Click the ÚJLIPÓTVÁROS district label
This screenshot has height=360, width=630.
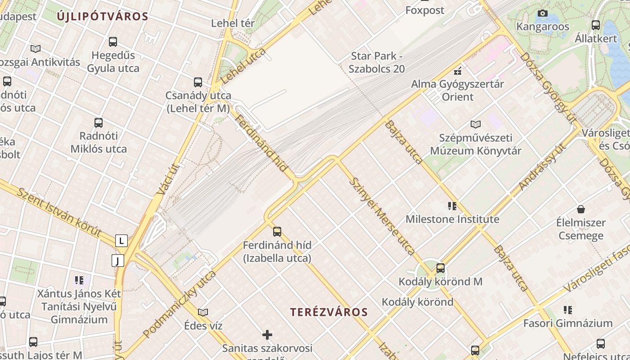pos(103,17)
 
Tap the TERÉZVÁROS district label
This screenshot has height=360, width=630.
pos(329,312)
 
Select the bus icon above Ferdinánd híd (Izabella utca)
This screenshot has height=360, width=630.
pos(277,232)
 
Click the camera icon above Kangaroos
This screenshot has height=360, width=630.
pos(543,13)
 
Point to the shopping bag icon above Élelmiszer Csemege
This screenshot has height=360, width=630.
pos(581,209)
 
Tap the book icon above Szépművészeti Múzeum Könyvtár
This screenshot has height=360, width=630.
pos(476,124)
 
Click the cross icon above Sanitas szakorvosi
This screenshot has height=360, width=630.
pos(267,335)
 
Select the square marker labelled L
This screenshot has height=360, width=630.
pos(121,241)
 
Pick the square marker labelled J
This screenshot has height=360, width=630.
pos(118,261)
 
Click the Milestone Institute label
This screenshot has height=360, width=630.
pos(452,219)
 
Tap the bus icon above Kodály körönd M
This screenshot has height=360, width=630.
pos(441,268)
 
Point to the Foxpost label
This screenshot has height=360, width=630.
pos(424,10)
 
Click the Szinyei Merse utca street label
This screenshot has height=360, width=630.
pos(382,216)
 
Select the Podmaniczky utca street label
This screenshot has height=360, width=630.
pos(180,304)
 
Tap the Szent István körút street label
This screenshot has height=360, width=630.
pos(59,212)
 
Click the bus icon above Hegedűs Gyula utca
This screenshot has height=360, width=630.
pos(113,42)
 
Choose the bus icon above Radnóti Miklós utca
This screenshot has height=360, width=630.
pos(99,122)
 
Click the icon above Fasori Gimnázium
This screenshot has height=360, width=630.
pos(568,310)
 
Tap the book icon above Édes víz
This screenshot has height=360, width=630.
pos(203,312)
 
